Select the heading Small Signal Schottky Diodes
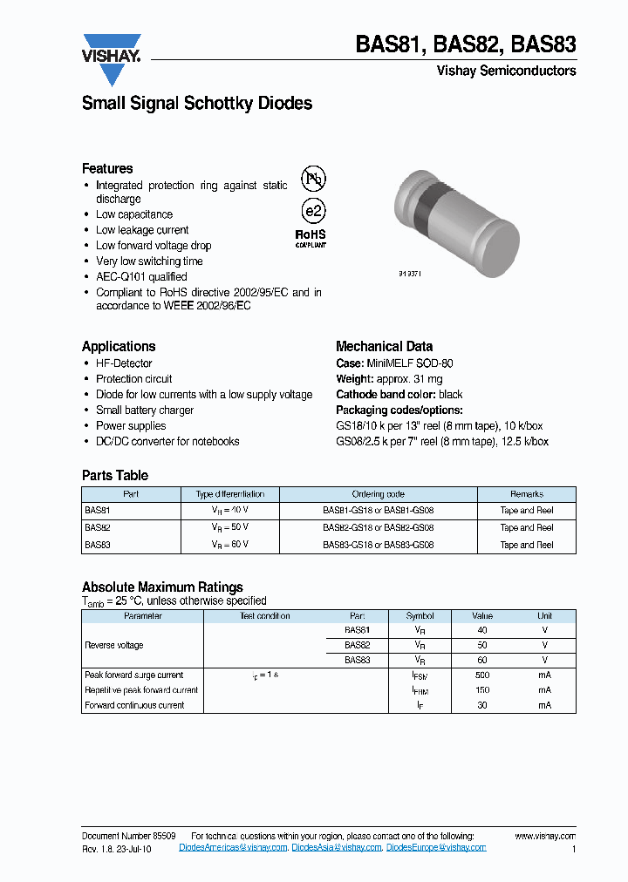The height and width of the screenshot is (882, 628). pos(196,104)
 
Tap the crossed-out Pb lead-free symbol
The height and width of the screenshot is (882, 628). pos(312,179)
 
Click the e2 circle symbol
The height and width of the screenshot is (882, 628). pos(312,211)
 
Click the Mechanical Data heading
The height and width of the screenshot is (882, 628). pos(384,346)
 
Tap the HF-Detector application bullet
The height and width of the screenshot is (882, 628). pos(124,363)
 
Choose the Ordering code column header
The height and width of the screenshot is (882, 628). pos(378,493)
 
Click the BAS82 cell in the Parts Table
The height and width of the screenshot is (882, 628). pos(98,527)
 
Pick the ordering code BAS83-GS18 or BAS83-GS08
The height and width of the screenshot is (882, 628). pos(378,545)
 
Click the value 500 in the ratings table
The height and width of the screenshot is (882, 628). pos(482,675)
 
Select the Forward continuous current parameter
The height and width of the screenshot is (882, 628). pos(134,705)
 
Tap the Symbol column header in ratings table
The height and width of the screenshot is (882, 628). pos(420,615)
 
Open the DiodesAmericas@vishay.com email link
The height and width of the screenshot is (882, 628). pos(233,847)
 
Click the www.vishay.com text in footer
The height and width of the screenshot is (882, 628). pos(545,836)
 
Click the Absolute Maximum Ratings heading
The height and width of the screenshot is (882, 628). pos(162,587)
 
